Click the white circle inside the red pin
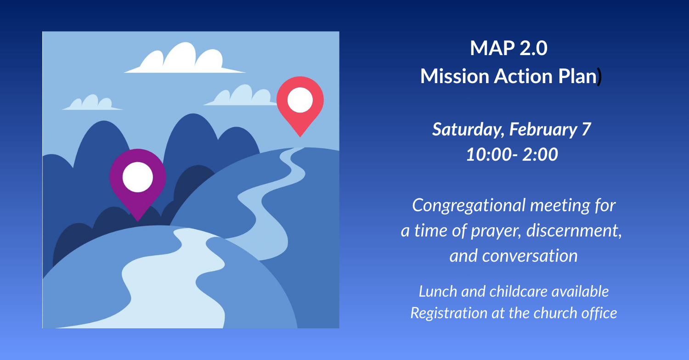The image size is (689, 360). point(300,100)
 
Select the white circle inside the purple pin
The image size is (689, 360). point(138,177)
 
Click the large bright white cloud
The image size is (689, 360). point(185,60)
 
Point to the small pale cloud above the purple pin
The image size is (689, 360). point(92,103)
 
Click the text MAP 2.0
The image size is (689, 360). point(509,48)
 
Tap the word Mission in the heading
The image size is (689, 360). point(455,76)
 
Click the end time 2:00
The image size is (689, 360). point(540,154)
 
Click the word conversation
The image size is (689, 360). point(530,256)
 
